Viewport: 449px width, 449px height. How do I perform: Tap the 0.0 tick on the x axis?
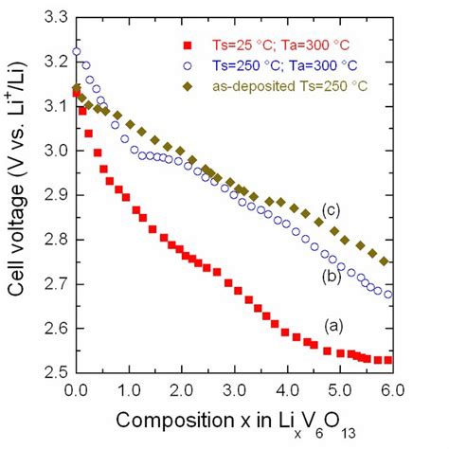tap(75, 389)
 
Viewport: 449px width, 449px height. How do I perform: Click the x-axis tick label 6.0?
tap(388, 389)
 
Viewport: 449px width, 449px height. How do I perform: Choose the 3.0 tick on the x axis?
tap(232, 389)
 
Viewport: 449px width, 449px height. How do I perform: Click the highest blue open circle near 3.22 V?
tap(77, 52)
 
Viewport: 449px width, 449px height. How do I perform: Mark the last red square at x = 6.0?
tap(387, 360)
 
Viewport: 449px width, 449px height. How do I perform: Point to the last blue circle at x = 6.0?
tap(387, 294)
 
